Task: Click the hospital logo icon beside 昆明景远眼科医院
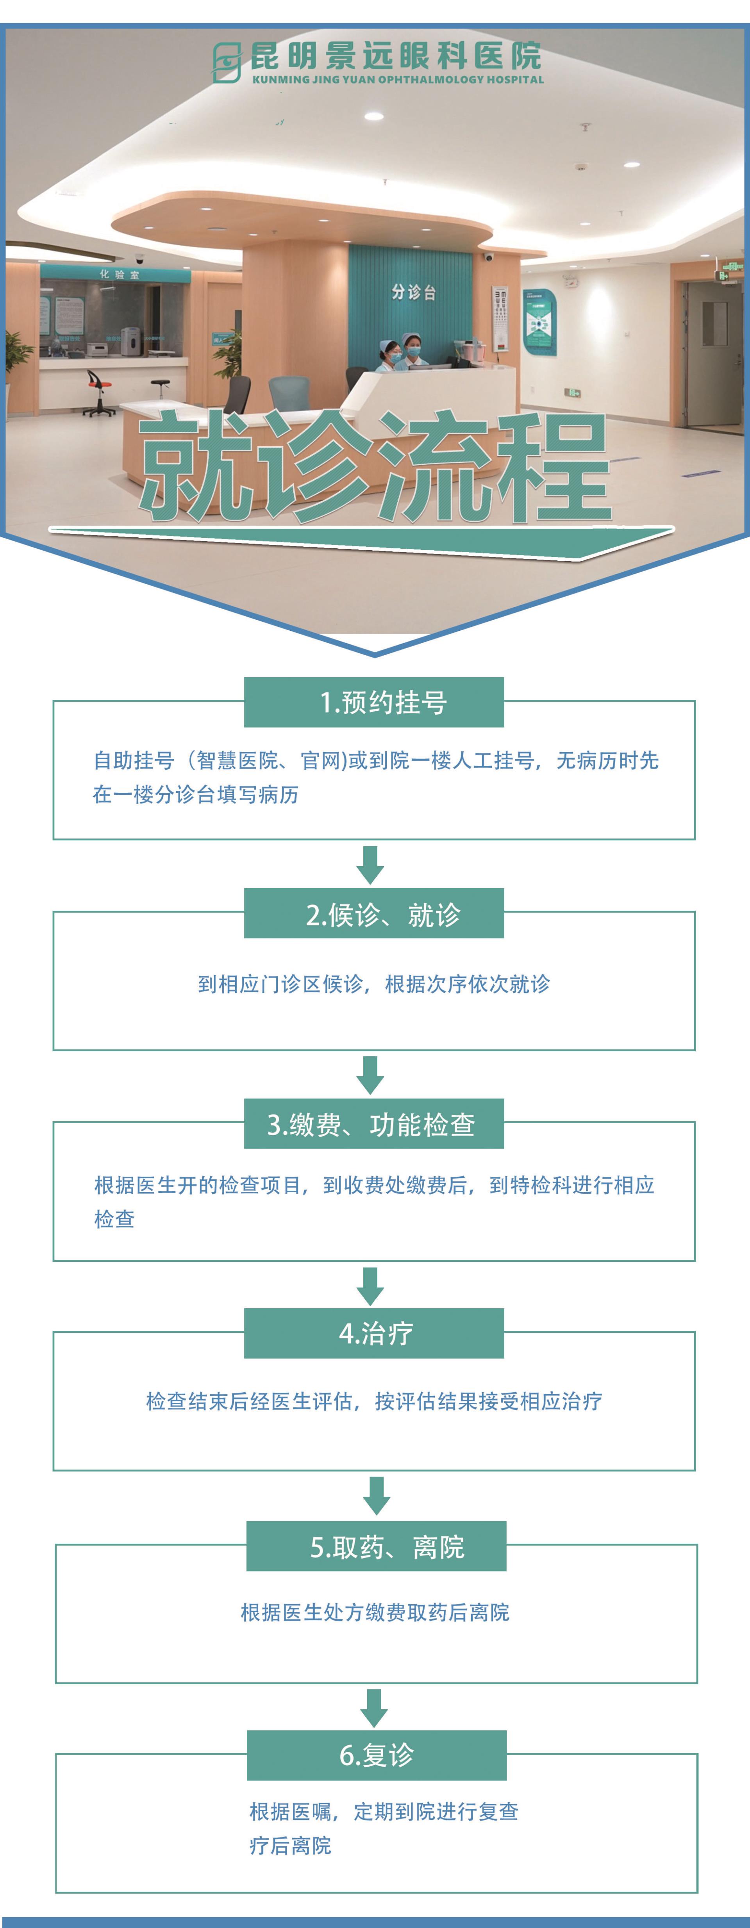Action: point(226,62)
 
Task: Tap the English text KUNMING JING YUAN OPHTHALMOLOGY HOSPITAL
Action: point(397,79)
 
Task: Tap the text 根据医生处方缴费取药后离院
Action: point(375,1612)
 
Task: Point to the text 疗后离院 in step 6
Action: point(290,1845)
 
